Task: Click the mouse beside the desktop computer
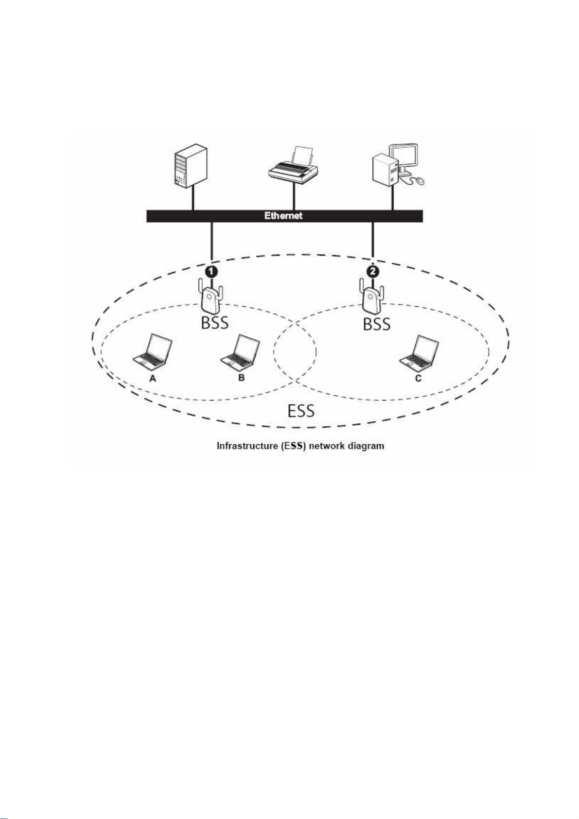(419, 180)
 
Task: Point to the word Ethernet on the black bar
(283, 216)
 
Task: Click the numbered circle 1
(211, 271)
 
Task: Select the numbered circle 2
(372, 271)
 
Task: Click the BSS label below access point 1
(215, 323)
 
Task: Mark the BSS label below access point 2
(377, 323)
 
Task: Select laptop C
(419, 351)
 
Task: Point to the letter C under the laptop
(418, 378)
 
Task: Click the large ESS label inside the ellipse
(301, 411)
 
